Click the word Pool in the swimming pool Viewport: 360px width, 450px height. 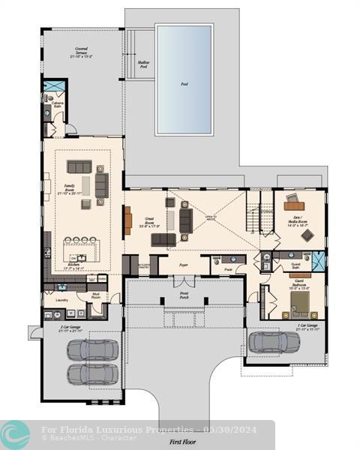(184, 84)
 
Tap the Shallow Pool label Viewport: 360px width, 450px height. (143, 65)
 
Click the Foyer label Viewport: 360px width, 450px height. (183, 265)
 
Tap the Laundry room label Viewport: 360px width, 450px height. (61, 300)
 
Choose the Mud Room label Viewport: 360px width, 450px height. (96, 296)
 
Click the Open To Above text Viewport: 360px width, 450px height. (211, 218)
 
